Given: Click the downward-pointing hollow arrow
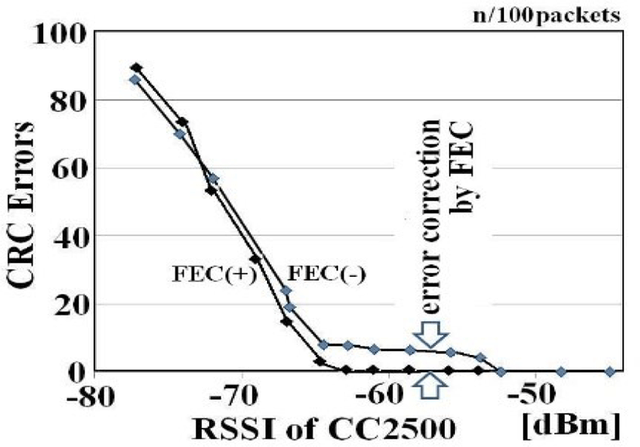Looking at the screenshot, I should [431, 335].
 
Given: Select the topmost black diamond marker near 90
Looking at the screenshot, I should [136, 68].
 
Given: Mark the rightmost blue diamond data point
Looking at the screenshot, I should [610, 371].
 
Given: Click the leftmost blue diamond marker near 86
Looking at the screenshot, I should [134, 80].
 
